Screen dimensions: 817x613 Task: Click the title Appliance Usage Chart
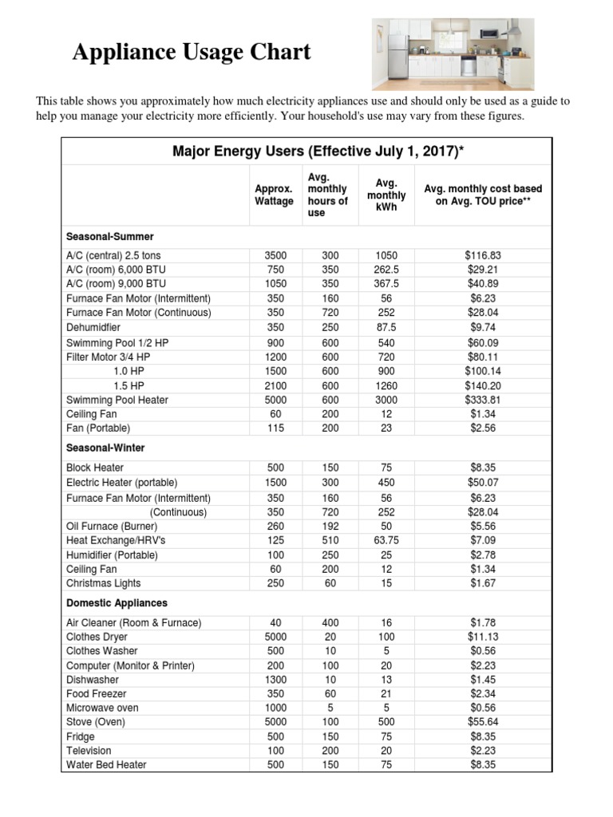192,53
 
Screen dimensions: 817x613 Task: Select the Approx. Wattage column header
274,195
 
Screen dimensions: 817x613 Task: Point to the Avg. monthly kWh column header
386,195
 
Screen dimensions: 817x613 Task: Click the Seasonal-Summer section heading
110,237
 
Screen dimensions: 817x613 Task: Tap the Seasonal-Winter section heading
105,448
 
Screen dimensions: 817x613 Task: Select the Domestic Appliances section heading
117,603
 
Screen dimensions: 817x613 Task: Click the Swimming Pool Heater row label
117,400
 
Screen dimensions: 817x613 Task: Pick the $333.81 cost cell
483,400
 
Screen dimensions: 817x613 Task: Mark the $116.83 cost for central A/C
483,255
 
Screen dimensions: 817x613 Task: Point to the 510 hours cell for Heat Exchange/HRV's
330,541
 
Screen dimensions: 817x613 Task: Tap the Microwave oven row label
102,708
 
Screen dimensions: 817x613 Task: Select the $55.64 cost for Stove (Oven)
483,722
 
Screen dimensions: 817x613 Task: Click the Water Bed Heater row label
106,765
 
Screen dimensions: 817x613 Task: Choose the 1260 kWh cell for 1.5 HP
386,385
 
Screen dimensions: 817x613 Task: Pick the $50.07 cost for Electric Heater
483,483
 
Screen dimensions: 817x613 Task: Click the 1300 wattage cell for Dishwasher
274,680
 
